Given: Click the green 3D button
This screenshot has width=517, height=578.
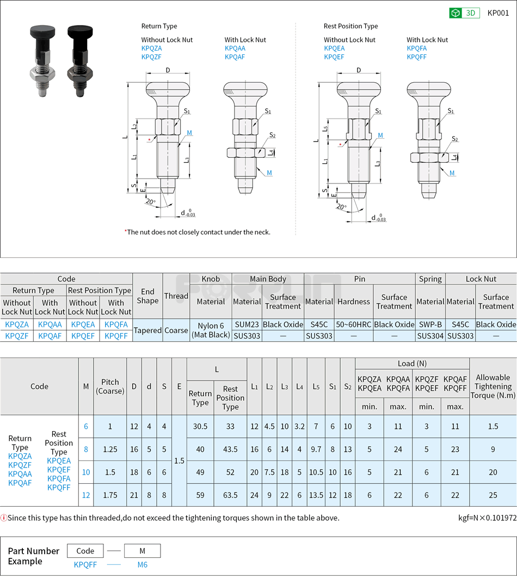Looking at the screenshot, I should coord(464,13).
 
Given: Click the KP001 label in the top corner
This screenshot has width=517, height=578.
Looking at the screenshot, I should coord(498,13).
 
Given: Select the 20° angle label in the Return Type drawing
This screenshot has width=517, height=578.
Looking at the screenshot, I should coord(151,201).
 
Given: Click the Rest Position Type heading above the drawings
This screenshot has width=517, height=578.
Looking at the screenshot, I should coord(350,26).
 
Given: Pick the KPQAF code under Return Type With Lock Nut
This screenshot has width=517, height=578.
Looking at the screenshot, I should coord(235,57).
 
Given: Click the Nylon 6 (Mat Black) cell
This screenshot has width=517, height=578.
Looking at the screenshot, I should coord(211,330).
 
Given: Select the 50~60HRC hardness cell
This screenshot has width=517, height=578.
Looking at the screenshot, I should coord(354,324).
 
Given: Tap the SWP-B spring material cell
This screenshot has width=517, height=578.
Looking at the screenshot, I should coord(430,324).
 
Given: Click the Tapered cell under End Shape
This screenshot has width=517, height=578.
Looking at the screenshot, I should coord(147,330).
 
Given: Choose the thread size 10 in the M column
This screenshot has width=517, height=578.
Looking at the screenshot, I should coord(86,472).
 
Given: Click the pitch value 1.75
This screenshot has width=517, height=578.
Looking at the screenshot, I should coord(110,495).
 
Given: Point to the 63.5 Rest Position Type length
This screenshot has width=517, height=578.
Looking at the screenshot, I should coord(230,495).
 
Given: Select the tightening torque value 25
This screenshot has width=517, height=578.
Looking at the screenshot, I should coord(493,495).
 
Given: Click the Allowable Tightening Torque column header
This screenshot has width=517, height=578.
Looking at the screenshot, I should coord(493,386).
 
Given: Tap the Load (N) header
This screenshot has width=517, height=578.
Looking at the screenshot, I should coord(412,363).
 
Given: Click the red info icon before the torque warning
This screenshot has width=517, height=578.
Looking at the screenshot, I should coord(4,518).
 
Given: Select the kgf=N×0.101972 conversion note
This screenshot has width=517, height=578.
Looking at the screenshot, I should coord(487,518).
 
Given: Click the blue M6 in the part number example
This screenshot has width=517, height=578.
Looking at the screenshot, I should coord(142,564).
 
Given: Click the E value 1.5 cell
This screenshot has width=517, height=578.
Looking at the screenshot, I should coord(179,460).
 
